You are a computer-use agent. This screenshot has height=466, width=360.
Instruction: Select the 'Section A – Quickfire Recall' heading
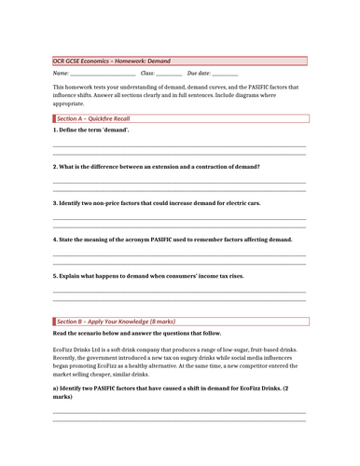(94, 119)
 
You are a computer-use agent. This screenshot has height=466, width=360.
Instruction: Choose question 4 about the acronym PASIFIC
(173, 239)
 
